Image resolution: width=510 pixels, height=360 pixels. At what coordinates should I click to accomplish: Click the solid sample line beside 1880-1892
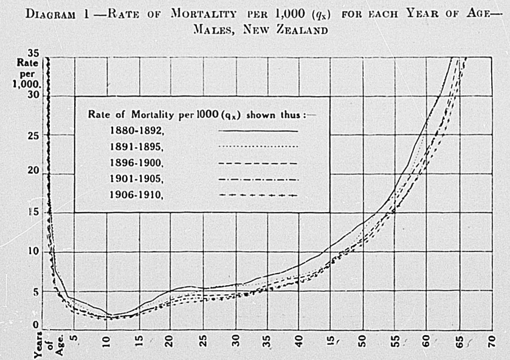pos(258,130)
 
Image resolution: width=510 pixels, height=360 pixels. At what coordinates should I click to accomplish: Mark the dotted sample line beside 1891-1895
pos(258,147)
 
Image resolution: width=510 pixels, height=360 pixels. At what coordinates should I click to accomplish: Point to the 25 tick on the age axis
pos(203,339)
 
